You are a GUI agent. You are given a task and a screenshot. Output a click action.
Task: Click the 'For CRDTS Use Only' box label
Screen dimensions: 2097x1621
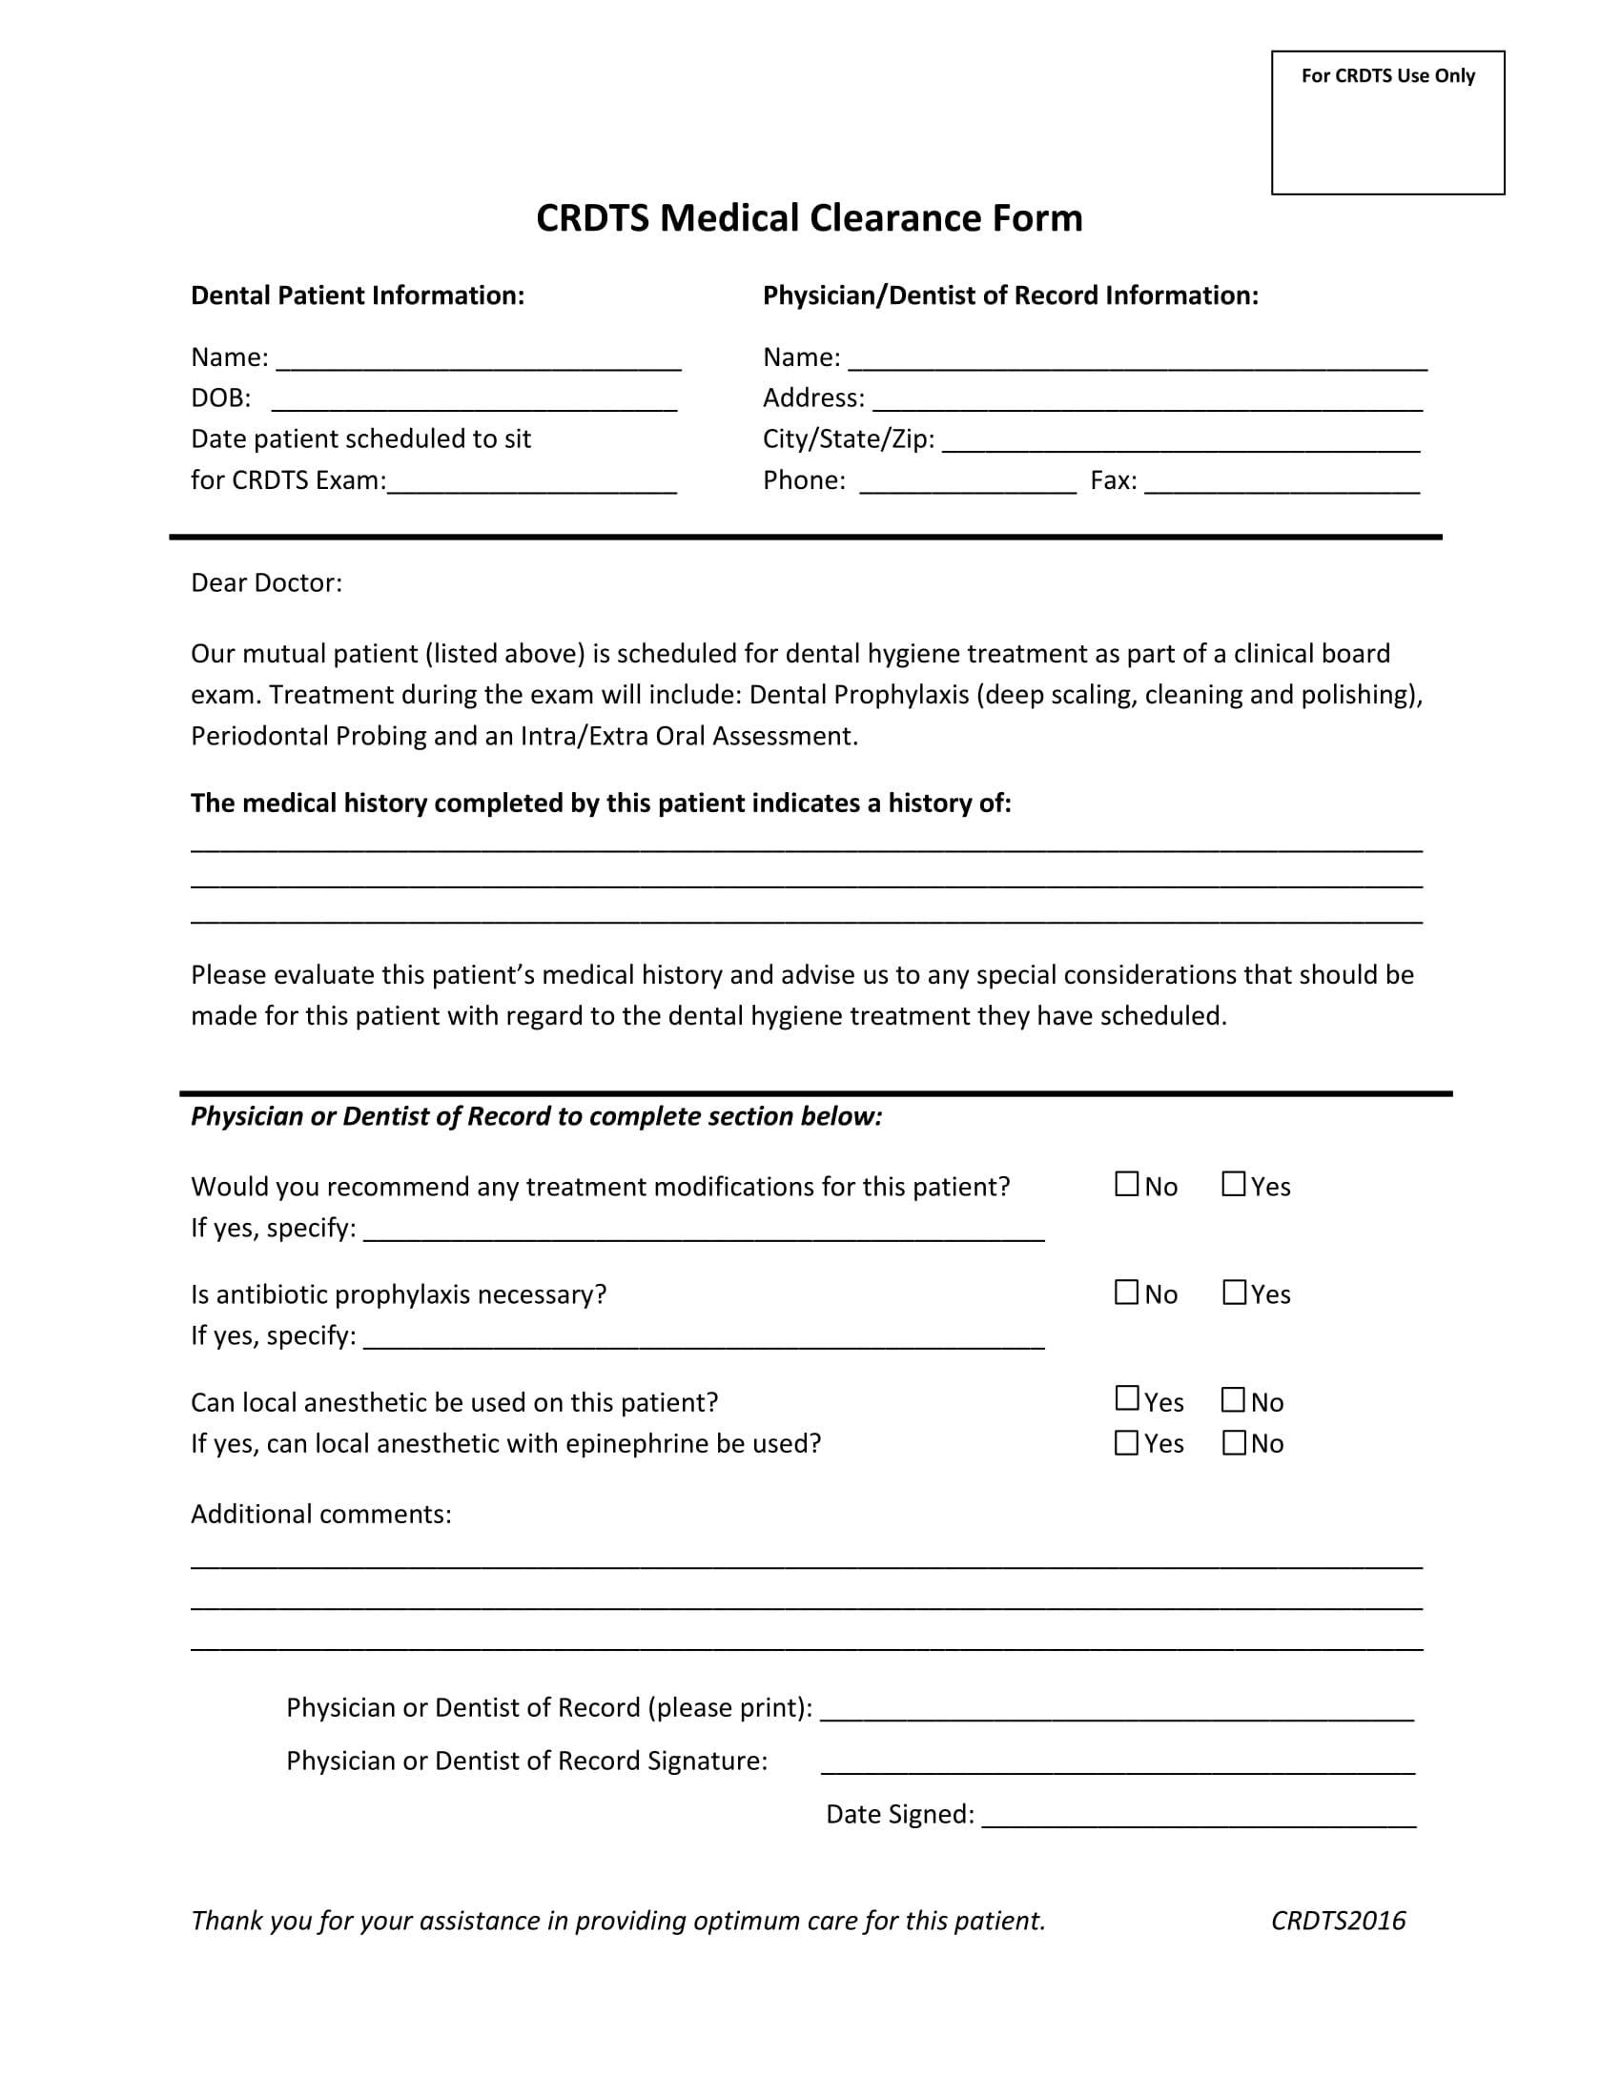(x=1386, y=76)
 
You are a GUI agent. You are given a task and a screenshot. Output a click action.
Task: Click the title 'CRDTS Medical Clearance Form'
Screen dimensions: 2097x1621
(x=809, y=218)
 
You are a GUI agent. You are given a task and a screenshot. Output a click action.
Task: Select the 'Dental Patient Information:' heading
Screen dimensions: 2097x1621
(x=358, y=295)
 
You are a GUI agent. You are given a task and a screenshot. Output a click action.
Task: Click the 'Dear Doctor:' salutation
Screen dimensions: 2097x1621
(x=266, y=582)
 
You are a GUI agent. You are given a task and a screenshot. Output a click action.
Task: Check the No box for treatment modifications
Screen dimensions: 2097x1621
(x=1126, y=1184)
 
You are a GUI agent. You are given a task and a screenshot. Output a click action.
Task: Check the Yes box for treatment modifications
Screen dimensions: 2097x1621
(x=1233, y=1184)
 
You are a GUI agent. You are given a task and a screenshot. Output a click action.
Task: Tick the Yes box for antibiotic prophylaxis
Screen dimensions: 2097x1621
(x=1233, y=1293)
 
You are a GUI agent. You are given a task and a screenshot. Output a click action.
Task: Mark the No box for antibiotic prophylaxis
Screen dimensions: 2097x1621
(x=1126, y=1293)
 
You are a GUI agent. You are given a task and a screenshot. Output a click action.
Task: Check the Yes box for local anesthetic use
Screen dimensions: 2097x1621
(x=1126, y=1399)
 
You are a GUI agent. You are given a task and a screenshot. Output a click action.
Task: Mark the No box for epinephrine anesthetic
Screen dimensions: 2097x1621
(x=1233, y=1442)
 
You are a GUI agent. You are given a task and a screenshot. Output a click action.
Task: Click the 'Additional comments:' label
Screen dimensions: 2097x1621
(x=320, y=1515)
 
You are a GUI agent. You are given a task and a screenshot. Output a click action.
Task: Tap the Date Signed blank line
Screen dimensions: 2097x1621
(x=1198, y=1817)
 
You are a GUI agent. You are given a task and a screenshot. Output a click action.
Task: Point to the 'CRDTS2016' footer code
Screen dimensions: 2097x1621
(x=1338, y=1921)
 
